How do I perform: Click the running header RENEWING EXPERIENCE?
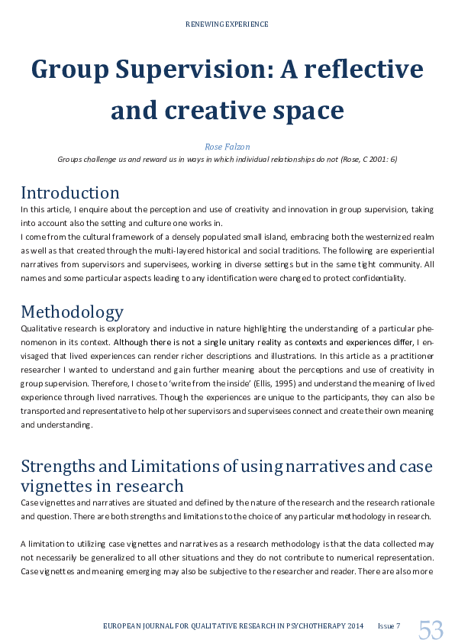pos(227,24)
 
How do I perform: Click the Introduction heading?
pos(70,192)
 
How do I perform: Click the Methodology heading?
pos(72,312)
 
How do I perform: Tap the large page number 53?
pos(430,630)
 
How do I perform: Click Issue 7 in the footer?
pos(388,626)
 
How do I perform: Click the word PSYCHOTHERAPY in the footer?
pos(308,626)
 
